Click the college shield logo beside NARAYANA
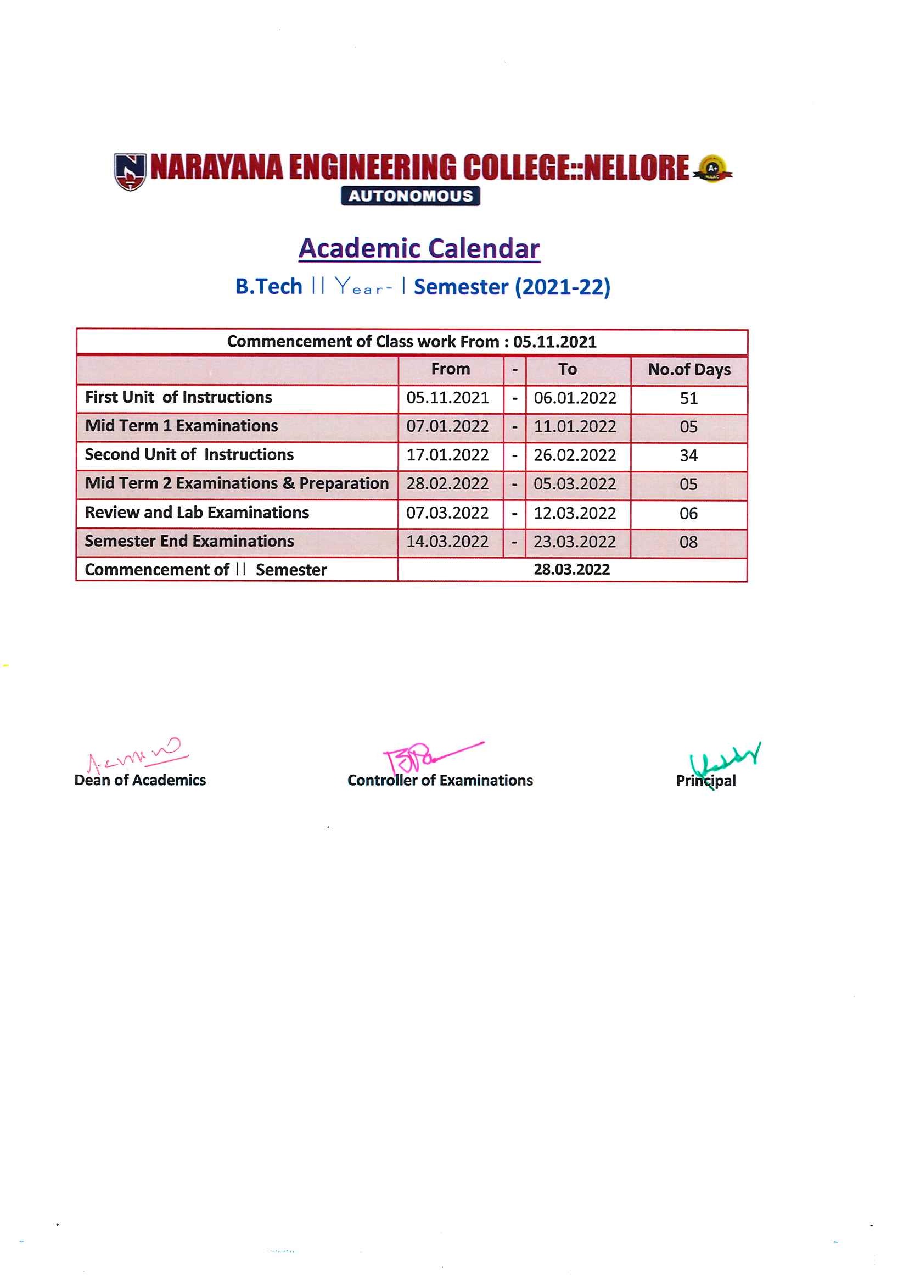pyautogui.click(x=130, y=171)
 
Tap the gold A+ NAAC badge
pyautogui.click(x=712, y=169)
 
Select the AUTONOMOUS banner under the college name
pyautogui.click(x=410, y=196)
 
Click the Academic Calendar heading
pyautogui.click(x=419, y=249)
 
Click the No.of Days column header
pyautogui.click(x=689, y=370)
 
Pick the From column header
pyautogui.click(x=451, y=369)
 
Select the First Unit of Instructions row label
pyautogui.click(x=178, y=397)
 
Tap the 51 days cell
pyautogui.click(x=688, y=398)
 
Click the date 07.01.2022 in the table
pyautogui.click(x=447, y=426)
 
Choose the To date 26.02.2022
pyautogui.click(x=575, y=455)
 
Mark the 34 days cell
pyautogui.click(x=688, y=455)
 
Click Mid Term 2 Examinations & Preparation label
pyautogui.click(x=236, y=483)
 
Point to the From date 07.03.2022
pyautogui.click(x=447, y=513)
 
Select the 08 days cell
pyautogui.click(x=688, y=542)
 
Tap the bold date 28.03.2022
pyautogui.click(x=571, y=570)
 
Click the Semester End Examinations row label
pyautogui.click(x=189, y=541)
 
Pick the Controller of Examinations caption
pyautogui.click(x=440, y=780)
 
